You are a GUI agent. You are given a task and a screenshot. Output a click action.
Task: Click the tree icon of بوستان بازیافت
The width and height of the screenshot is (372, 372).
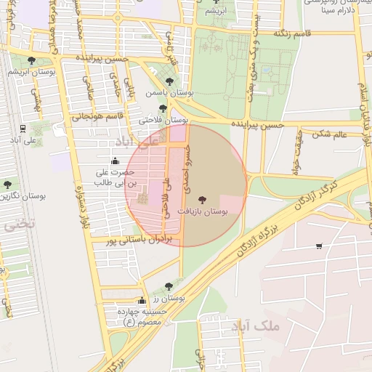point(201,198)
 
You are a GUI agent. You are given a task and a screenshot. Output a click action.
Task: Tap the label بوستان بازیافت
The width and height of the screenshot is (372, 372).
point(201,211)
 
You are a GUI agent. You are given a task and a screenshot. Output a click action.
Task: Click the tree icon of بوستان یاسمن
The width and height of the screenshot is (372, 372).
point(169,81)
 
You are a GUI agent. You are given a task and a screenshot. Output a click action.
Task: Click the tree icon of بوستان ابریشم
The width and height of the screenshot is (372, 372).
point(31,61)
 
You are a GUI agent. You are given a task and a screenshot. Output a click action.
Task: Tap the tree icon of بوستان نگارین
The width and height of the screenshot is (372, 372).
point(7,185)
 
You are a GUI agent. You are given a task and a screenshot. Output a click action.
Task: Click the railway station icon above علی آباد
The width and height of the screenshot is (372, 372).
point(23,128)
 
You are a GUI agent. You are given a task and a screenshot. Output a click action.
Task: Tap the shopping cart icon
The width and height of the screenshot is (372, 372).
point(319,246)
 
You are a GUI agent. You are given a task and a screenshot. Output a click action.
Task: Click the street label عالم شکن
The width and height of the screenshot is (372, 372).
point(331,133)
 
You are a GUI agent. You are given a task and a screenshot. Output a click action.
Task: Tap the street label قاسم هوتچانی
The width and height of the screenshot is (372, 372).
point(100,115)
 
